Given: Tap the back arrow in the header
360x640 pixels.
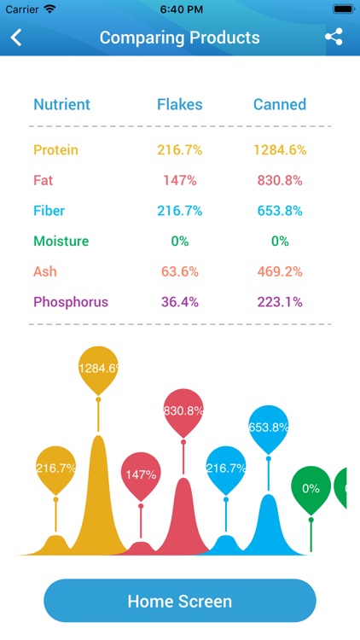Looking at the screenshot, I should tap(16, 38).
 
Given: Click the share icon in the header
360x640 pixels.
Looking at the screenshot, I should tap(334, 38).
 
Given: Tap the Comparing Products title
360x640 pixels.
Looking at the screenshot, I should tap(179, 38).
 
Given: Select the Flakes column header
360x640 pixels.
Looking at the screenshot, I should tap(179, 105).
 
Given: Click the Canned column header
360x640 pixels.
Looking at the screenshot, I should tap(279, 105).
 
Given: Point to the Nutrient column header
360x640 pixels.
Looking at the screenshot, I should tap(61, 105).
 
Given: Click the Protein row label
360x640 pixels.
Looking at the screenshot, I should tap(55, 150).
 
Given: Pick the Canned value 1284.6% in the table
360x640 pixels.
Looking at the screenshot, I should tap(279, 150).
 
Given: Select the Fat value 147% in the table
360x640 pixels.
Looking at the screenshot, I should tap(179, 181).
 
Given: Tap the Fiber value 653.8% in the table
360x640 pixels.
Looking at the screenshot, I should tap(279, 211).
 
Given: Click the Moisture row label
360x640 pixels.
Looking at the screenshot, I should tap(61, 241).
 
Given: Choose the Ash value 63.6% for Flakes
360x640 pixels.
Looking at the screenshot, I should tap(179, 271).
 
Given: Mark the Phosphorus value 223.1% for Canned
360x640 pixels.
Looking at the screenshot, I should tap(279, 302).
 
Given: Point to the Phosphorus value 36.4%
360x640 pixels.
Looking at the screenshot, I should tap(179, 302).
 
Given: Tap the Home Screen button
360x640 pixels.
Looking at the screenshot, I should tap(179, 601).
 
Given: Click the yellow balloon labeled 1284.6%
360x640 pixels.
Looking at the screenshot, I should tap(98, 369).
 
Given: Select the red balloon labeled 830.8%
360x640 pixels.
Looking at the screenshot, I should tap(183, 410).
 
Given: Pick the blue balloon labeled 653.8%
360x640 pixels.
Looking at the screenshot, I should tap(269, 427).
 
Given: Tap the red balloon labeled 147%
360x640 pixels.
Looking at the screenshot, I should tap(141, 474).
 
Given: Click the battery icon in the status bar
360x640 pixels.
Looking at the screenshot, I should tap(343, 9).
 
